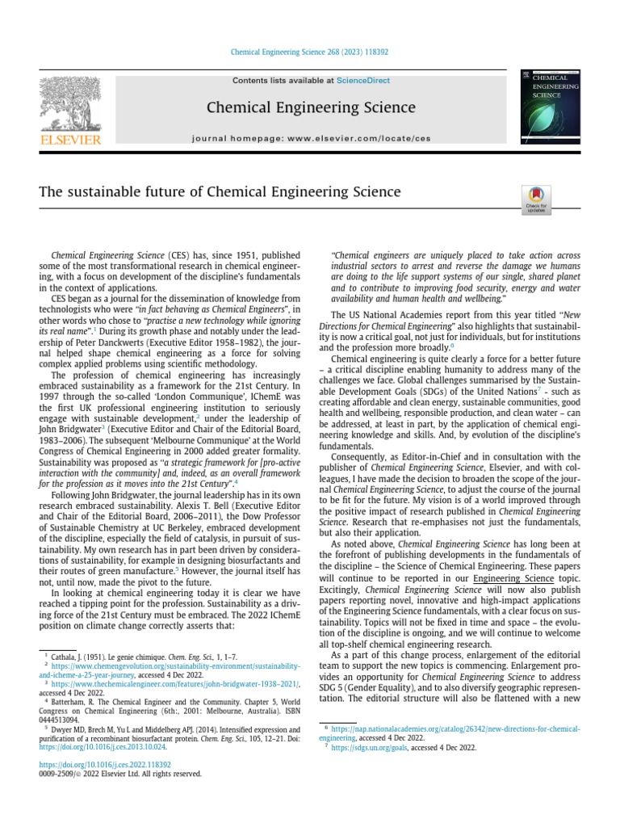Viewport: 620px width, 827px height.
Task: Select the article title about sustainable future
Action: point(220,192)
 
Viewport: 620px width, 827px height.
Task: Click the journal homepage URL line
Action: point(311,139)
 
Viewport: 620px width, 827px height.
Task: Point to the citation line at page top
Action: point(310,52)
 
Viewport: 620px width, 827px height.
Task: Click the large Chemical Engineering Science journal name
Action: point(311,107)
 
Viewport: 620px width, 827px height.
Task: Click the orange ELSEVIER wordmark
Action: point(70,141)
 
